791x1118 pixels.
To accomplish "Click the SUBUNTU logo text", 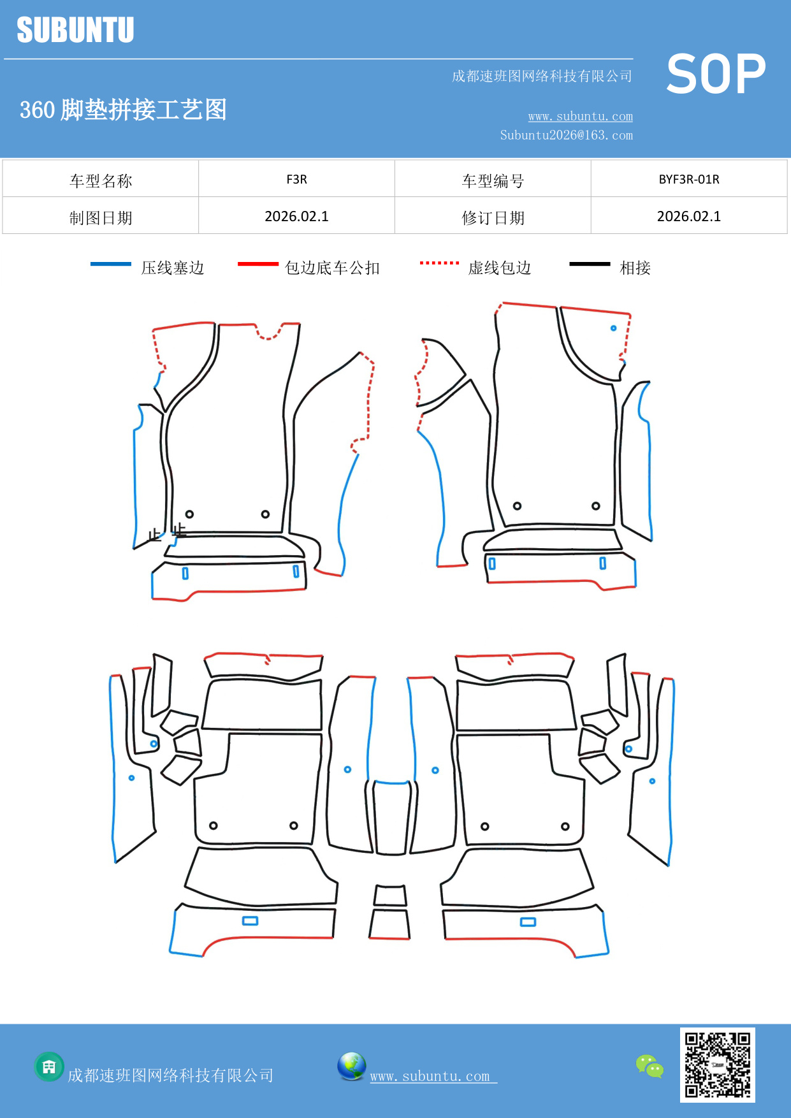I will (x=75, y=30).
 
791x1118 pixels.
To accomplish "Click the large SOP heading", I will (x=716, y=74).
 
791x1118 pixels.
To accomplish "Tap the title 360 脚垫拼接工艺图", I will (x=123, y=110).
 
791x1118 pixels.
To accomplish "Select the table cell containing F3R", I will (x=296, y=179).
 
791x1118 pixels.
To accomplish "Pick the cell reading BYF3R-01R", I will (x=688, y=179).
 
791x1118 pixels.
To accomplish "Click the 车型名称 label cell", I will (x=101, y=180).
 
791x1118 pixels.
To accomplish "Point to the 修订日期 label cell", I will (x=493, y=217).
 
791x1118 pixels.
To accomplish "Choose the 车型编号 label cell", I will (x=493, y=180).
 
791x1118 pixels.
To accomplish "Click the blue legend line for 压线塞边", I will (x=111, y=264).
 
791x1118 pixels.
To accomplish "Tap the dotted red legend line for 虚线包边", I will (x=439, y=263).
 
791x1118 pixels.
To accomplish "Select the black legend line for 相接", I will (x=590, y=264).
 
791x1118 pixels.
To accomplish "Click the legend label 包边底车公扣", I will (x=332, y=268).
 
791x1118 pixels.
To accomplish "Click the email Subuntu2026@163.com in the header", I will (x=566, y=135).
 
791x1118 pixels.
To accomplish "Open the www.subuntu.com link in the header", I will (x=580, y=116).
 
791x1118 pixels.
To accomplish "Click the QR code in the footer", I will (x=717, y=1064).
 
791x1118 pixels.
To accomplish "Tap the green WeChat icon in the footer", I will (x=649, y=1066).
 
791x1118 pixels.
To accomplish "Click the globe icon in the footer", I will (x=351, y=1066).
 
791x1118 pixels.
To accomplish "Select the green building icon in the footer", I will (x=49, y=1066).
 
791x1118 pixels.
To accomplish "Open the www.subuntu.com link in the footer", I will (x=430, y=1076).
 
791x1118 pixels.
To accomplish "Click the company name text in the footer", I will (x=170, y=1075).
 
